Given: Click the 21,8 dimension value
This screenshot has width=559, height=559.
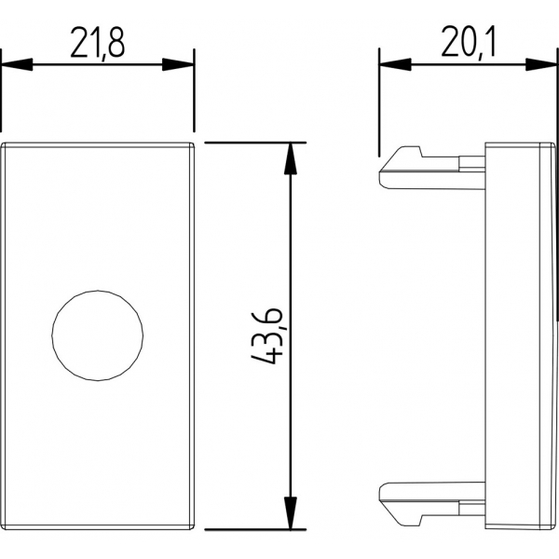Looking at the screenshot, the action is (97, 44).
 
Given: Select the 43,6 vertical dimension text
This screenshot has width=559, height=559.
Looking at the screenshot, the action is (267, 337).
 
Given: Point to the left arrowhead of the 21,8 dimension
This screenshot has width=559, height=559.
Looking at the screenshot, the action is (17, 64).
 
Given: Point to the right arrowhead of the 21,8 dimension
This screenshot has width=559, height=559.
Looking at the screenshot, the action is (178, 64).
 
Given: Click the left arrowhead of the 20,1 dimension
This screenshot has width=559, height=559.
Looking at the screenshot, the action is (395, 64).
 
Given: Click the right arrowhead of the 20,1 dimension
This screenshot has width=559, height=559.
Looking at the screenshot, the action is (540, 64).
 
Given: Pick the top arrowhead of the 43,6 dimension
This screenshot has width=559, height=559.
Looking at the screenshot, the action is (291, 158).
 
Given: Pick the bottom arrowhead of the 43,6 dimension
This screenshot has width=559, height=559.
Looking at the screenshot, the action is (291, 512).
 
